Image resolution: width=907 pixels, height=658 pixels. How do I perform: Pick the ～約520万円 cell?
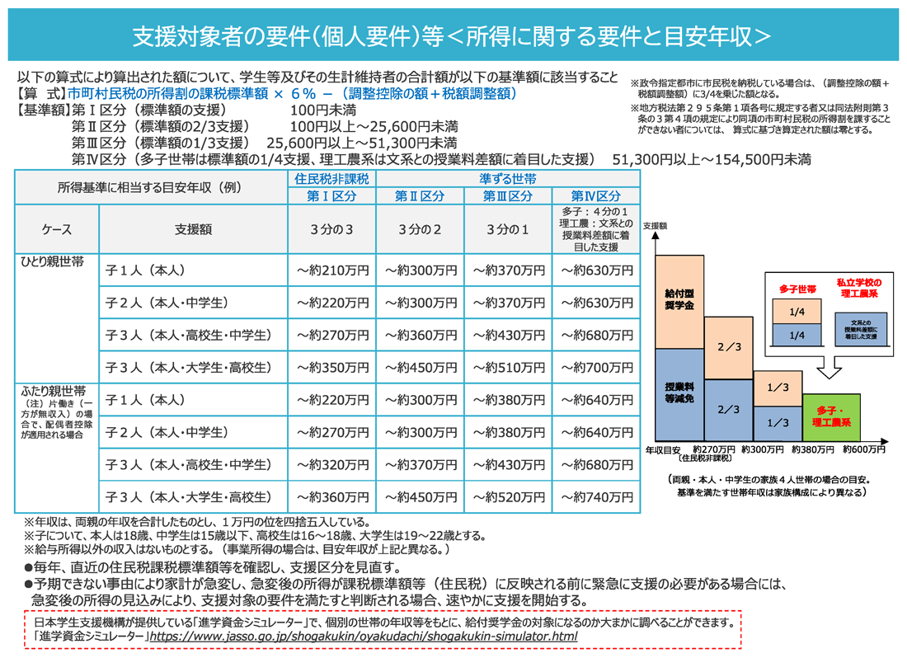pyautogui.click(x=508, y=497)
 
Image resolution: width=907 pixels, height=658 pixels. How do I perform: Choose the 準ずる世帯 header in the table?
pyautogui.click(x=508, y=179)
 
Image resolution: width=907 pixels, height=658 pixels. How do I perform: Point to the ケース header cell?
pyautogui.click(x=57, y=230)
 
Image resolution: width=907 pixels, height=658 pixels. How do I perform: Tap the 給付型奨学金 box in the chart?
pyautogui.click(x=679, y=300)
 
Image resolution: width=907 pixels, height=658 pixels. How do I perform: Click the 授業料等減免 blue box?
pyautogui.click(x=679, y=392)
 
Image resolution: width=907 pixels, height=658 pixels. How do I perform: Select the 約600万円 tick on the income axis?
pyautogui.click(x=863, y=451)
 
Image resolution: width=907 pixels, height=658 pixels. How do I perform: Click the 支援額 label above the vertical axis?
pyautogui.click(x=654, y=224)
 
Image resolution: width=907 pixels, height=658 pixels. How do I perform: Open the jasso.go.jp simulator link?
pyautogui.click(x=363, y=637)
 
